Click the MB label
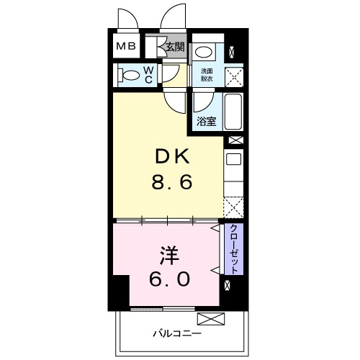tap(126, 48)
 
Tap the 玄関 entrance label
tap(175, 48)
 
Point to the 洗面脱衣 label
tap(207, 74)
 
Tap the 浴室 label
tap(207, 121)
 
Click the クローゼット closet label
tap(235, 248)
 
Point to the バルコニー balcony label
tap(177, 333)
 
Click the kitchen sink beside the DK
tap(234, 160)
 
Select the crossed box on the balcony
tap(208, 317)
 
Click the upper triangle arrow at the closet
tap(215, 228)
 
